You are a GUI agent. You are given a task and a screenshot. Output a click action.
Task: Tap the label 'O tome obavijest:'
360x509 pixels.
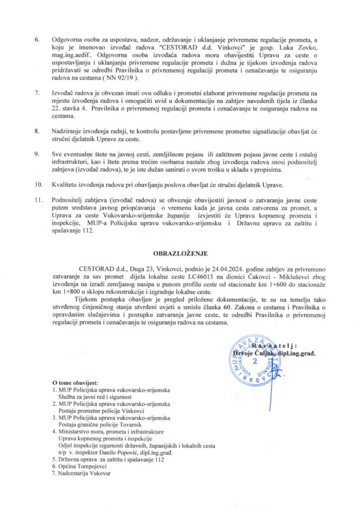click(x=76, y=383)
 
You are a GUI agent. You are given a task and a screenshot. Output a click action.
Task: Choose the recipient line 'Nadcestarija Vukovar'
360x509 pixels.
click(x=84, y=474)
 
